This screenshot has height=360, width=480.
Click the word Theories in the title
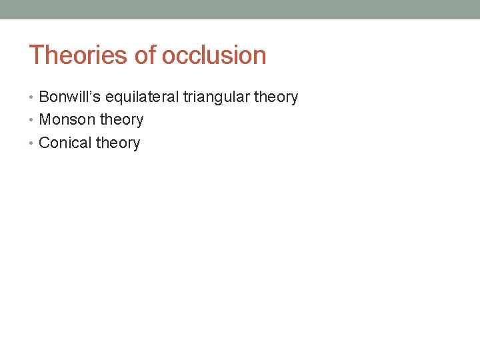[x=79, y=55]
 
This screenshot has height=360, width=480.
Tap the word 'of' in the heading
[x=145, y=55]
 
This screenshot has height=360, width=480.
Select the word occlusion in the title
[x=213, y=55]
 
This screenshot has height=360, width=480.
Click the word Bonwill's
[x=69, y=97]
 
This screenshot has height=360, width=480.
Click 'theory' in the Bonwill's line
[x=276, y=97]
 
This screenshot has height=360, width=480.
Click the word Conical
[x=65, y=143]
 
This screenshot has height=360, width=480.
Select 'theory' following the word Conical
[x=118, y=143]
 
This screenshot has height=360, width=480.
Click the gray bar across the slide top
[x=240, y=9]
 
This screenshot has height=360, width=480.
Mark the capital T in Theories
[x=36, y=55]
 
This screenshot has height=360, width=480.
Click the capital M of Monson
[x=45, y=120]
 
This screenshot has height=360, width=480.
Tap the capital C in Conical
[x=45, y=143]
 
